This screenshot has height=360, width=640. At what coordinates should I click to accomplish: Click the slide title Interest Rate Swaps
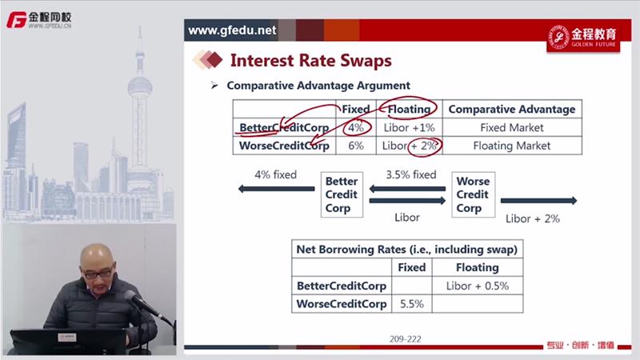[310, 61]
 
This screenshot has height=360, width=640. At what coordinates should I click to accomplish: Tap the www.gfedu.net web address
[232, 30]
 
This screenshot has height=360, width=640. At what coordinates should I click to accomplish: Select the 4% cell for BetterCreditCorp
[356, 127]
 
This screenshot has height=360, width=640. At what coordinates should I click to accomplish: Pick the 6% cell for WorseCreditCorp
[356, 146]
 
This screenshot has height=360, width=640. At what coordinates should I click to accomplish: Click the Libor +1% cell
[409, 127]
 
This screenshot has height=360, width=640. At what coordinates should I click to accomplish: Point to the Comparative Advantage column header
[512, 110]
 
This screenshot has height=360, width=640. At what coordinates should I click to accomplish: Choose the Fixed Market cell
[512, 127]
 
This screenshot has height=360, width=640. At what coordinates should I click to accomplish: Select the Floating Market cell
[512, 146]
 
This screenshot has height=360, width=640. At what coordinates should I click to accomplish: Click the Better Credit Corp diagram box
[342, 194]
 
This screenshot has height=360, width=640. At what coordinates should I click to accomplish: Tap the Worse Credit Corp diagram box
[473, 194]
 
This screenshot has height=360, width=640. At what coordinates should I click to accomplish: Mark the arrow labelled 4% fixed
[276, 189]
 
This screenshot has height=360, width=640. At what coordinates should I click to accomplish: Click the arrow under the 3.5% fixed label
[407, 189]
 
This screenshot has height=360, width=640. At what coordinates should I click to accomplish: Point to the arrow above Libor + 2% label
[538, 201]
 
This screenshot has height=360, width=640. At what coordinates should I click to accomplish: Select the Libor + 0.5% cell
[478, 286]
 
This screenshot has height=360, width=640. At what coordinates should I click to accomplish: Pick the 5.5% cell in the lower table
[412, 304]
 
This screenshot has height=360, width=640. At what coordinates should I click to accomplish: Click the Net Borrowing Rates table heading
[407, 249]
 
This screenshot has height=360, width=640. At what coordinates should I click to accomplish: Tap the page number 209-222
[406, 338]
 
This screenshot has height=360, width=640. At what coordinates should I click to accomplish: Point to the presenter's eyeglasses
[98, 273]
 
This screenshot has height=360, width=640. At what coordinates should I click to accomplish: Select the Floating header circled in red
[409, 109]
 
